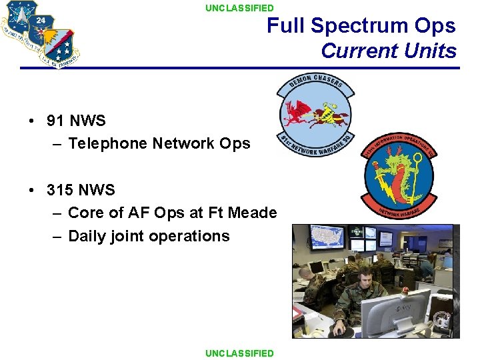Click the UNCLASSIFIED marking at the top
pos(239,8)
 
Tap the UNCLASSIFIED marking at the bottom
pos(239,353)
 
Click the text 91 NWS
pos(76,121)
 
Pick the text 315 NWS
pos(81,190)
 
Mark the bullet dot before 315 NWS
pos(32,191)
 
